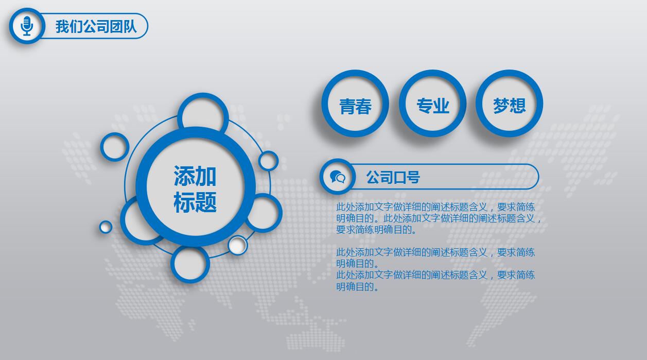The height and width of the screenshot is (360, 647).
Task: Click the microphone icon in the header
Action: tap(27, 26)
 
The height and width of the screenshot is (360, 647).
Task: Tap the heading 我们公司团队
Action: tap(96, 26)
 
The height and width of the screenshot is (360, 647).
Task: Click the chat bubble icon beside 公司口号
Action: tap(338, 177)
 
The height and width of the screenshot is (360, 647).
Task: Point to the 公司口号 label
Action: tap(393, 178)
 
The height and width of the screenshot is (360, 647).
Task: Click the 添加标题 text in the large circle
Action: tap(195, 189)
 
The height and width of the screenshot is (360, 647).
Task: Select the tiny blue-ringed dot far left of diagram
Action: tap(106, 227)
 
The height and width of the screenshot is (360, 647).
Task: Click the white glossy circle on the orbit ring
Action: tap(238, 246)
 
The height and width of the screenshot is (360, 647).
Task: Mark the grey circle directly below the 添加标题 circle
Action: tap(190, 264)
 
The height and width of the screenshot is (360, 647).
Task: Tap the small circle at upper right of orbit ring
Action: tap(268, 161)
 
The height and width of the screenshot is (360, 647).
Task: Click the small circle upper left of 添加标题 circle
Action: tap(114, 147)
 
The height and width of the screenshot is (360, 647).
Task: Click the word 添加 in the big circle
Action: tap(195, 176)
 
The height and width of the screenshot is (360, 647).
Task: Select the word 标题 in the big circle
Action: tap(195, 202)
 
